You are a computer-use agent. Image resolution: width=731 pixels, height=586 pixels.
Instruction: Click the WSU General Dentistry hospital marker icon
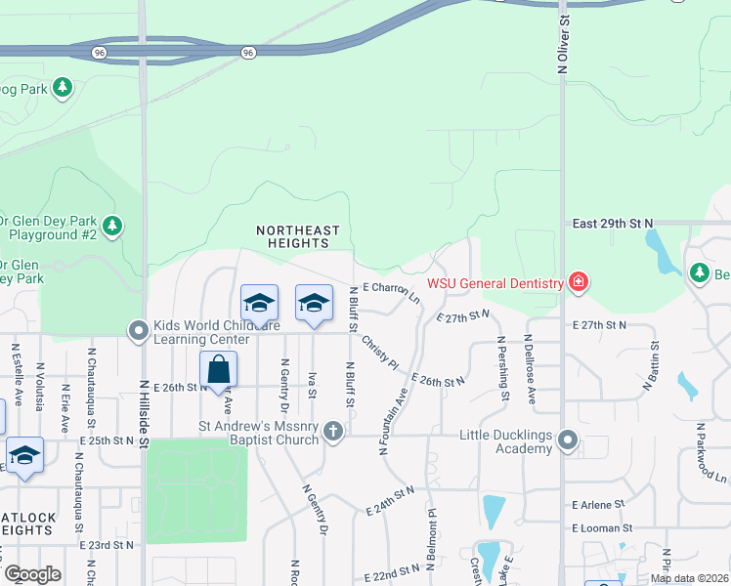(x=580, y=283)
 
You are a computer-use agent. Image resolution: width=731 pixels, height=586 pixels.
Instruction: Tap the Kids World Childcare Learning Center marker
(x=139, y=332)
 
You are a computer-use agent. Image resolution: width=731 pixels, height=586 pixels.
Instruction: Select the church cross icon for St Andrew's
(x=333, y=431)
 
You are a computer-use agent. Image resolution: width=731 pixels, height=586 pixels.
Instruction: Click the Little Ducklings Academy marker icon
(x=568, y=441)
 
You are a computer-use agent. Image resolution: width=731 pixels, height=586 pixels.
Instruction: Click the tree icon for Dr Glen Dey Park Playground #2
(x=112, y=228)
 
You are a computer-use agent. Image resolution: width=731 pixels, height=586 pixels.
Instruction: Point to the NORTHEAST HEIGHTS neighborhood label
(x=298, y=236)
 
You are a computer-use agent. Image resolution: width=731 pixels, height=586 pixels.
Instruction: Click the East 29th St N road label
(x=612, y=224)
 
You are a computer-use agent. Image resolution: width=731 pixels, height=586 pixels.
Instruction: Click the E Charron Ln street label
(x=391, y=290)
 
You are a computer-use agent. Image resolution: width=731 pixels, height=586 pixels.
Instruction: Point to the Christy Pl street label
(x=380, y=353)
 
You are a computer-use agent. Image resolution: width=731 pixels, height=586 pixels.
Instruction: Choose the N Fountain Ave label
(x=393, y=421)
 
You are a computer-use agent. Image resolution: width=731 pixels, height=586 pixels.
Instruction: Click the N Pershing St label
(x=502, y=368)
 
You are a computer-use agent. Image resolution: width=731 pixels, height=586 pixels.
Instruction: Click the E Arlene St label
(x=598, y=504)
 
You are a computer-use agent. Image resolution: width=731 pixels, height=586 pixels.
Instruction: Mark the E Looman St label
(x=602, y=528)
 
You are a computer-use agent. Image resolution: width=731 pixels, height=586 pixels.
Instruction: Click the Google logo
(x=31, y=573)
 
